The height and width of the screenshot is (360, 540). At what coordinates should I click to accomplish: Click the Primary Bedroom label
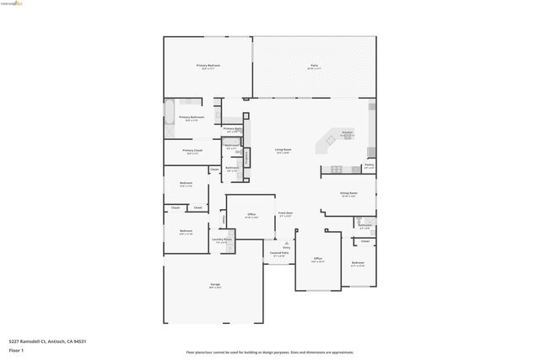coord(208,66)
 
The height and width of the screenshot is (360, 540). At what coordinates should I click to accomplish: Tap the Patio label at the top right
coord(314,66)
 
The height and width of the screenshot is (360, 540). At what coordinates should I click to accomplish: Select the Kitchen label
coord(346,133)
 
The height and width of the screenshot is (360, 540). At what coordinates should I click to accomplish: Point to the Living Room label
coord(282,151)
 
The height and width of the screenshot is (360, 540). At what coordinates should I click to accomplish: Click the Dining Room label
coord(348,194)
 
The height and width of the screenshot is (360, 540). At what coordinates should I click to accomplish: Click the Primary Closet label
coord(192,151)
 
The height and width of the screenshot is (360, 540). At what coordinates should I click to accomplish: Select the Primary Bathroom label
coord(191,118)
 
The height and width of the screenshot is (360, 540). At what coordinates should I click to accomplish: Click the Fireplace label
coord(246,157)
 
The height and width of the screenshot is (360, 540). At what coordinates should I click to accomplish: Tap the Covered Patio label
coord(278,253)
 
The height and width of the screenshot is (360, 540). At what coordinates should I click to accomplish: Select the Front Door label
coord(286,214)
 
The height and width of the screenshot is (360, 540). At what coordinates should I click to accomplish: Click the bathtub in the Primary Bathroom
coord(169,113)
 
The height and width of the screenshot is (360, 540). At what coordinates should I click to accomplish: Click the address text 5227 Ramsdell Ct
coord(48,341)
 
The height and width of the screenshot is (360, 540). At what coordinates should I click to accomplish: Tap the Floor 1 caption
coord(17,350)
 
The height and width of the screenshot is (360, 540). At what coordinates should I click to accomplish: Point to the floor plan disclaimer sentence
coord(270,352)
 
